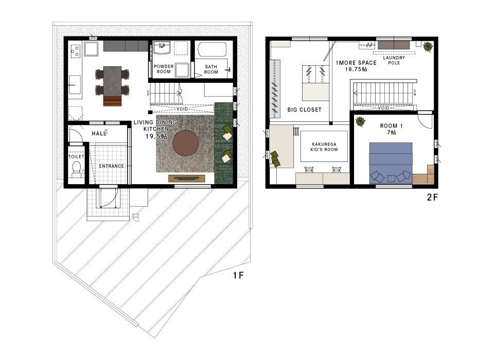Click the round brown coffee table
tap(186, 143)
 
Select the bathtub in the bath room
tap(212, 50)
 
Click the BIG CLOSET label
tap(304, 110)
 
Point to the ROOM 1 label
tap(391, 125)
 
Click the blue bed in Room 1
tap(391, 163)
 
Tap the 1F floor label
tap(238, 275)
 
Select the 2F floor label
tap(432, 197)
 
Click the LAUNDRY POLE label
tap(394, 60)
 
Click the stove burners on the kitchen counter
tap(76, 51)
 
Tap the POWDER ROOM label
tap(164, 69)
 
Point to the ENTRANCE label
tap(112, 166)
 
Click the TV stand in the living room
tap(187, 178)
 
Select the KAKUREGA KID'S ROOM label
tap(324, 147)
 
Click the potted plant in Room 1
tap(360, 121)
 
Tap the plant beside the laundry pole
tap(428, 47)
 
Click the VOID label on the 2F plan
tap(383, 107)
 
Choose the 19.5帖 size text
tap(156, 136)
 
